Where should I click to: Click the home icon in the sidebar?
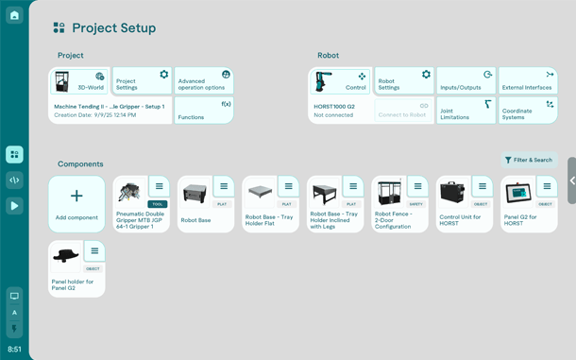[14, 15]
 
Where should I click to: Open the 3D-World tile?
[79, 81]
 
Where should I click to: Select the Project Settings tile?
[142, 81]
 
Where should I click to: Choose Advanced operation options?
[203, 81]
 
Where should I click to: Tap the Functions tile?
[203, 111]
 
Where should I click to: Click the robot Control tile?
[340, 81]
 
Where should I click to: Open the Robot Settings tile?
[404, 81]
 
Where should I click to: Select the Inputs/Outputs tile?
[466, 81]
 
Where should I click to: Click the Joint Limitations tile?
[466, 111]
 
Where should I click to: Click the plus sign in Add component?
[76, 196]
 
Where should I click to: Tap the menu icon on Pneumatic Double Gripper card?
[159, 186]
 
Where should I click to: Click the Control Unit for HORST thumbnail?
[452, 193]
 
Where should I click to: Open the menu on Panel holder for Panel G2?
[93, 250]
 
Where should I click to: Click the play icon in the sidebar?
[14, 205]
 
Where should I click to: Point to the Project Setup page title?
[113, 28]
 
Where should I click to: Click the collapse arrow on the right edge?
[571, 180]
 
